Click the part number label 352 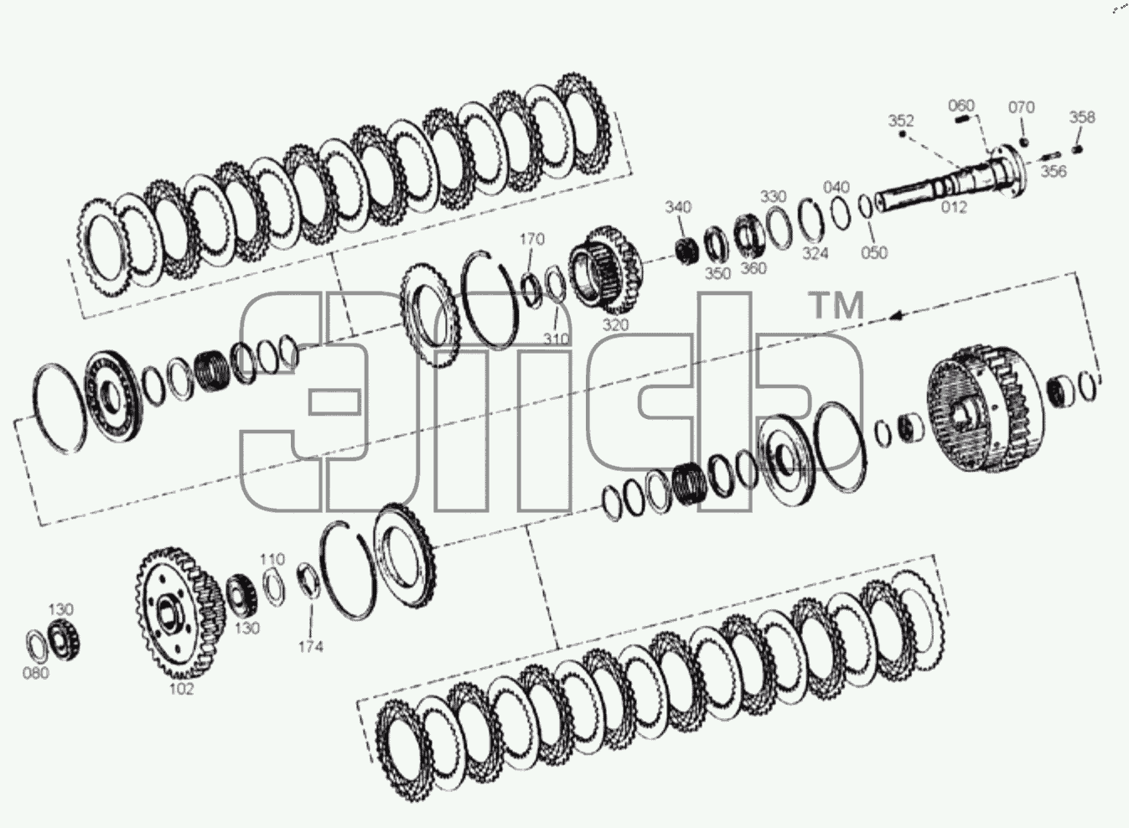click(x=901, y=121)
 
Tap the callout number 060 click(x=961, y=106)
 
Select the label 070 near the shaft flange click(x=1022, y=107)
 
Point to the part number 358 click(x=1082, y=117)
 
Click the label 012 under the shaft click(x=954, y=207)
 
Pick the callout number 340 click(x=678, y=207)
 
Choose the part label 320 click(x=616, y=325)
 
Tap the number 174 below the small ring click(x=310, y=647)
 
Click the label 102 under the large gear click(x=181, y=689)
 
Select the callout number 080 click(x=36, y=673)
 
